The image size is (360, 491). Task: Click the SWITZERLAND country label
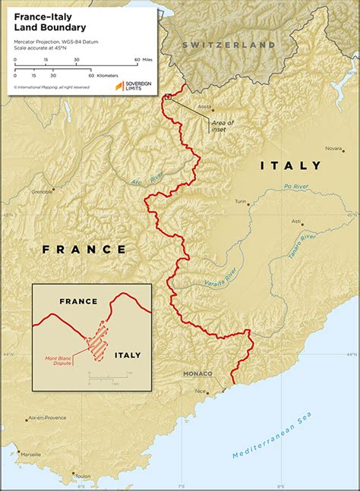pos(228,46)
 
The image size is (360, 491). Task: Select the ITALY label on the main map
pos(291,165)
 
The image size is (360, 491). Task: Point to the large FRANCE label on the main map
pos(84,249)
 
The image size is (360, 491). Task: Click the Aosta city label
pos(204,107)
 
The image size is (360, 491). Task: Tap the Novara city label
pos(333,149)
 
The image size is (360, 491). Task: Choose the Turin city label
pos(242,202)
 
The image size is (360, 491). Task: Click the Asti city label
pos(296,221)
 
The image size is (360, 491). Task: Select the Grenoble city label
pos(41,192)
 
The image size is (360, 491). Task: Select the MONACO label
pos(197,374)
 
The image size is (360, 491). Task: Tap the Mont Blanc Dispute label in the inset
pos(58,360)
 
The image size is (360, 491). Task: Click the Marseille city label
pos(31,455)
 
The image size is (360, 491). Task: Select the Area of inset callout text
pos(223,126)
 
